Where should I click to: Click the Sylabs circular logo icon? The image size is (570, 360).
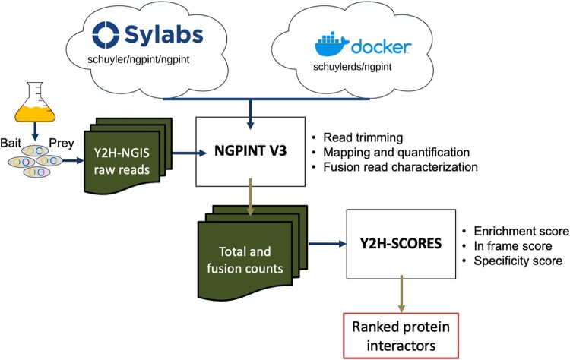(106, 35)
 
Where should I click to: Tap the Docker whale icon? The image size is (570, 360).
(332, 44)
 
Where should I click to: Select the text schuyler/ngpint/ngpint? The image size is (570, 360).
(138, 59)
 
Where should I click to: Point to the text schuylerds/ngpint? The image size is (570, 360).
(353, 67)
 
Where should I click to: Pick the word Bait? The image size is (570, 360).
(11, 143)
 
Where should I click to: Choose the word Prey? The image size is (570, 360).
(62, 143)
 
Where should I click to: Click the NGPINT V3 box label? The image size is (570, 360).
(251, 150)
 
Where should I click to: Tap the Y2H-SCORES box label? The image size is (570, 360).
(401, 243)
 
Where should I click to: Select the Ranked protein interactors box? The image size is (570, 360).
(401, 336)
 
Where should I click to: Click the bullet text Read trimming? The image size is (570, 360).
(363, 137)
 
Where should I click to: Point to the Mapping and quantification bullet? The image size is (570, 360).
(397, 152)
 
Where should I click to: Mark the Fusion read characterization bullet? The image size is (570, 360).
(401, 167)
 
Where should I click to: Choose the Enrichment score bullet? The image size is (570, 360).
(521, 231)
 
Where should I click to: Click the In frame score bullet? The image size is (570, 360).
(513, 246)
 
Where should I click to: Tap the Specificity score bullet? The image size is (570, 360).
(518, 261)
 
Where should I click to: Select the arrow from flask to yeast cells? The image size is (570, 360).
(35, 131)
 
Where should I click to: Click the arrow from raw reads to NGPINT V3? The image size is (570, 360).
(189, 153)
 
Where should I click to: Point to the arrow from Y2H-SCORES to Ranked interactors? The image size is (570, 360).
(401, 293)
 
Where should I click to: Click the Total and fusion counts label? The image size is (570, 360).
(245, 260)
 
